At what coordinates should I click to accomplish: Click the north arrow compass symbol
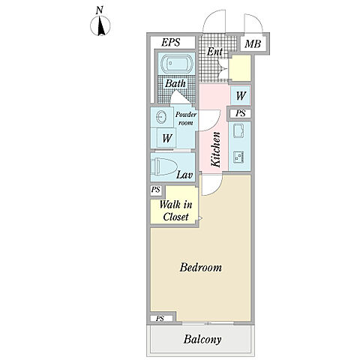point(100,25)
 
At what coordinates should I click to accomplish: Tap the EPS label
point(171,42)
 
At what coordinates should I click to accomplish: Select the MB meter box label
point(253,44)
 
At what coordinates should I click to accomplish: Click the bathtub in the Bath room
point(176,64)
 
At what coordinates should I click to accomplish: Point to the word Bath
point(175,83)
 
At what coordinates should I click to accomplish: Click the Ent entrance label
point(214,52)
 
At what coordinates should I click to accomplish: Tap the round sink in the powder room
point(160,117)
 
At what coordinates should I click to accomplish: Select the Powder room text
point(186,118)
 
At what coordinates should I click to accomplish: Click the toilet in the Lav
point(163,166)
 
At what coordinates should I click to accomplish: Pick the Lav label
point(184,175)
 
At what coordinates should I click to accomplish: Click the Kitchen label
point(216,149)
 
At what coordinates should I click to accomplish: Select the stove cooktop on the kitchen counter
point(238,157)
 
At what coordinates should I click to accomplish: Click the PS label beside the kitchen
point(241,113)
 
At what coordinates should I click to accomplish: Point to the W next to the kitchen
point(241,96)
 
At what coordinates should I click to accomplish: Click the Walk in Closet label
point(175,211)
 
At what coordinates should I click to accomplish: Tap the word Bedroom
point(201,267)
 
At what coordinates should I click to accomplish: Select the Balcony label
point(202,340)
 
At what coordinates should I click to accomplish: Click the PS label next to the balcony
point(160,319)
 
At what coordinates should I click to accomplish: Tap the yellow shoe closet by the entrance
point(240,67)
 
